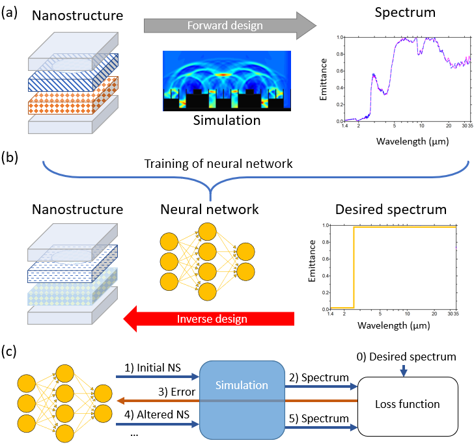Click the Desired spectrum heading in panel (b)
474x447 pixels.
pos(390,210)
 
